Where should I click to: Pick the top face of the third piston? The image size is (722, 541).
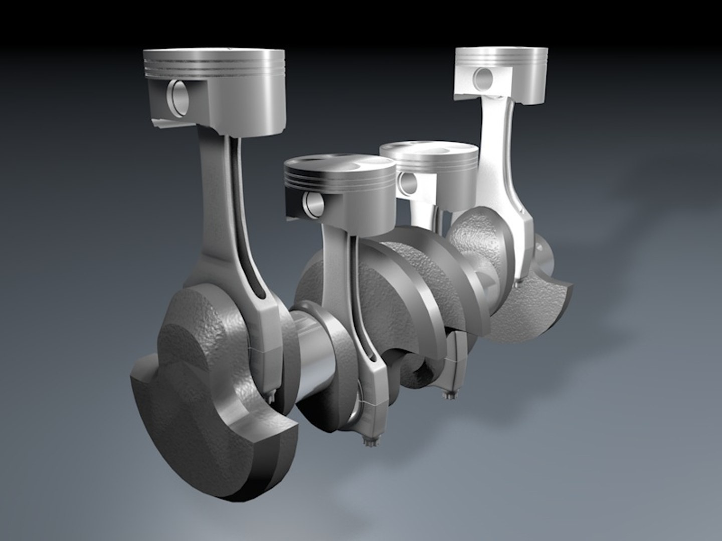point(429,149)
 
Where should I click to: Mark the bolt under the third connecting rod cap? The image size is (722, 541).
point(447,395)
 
